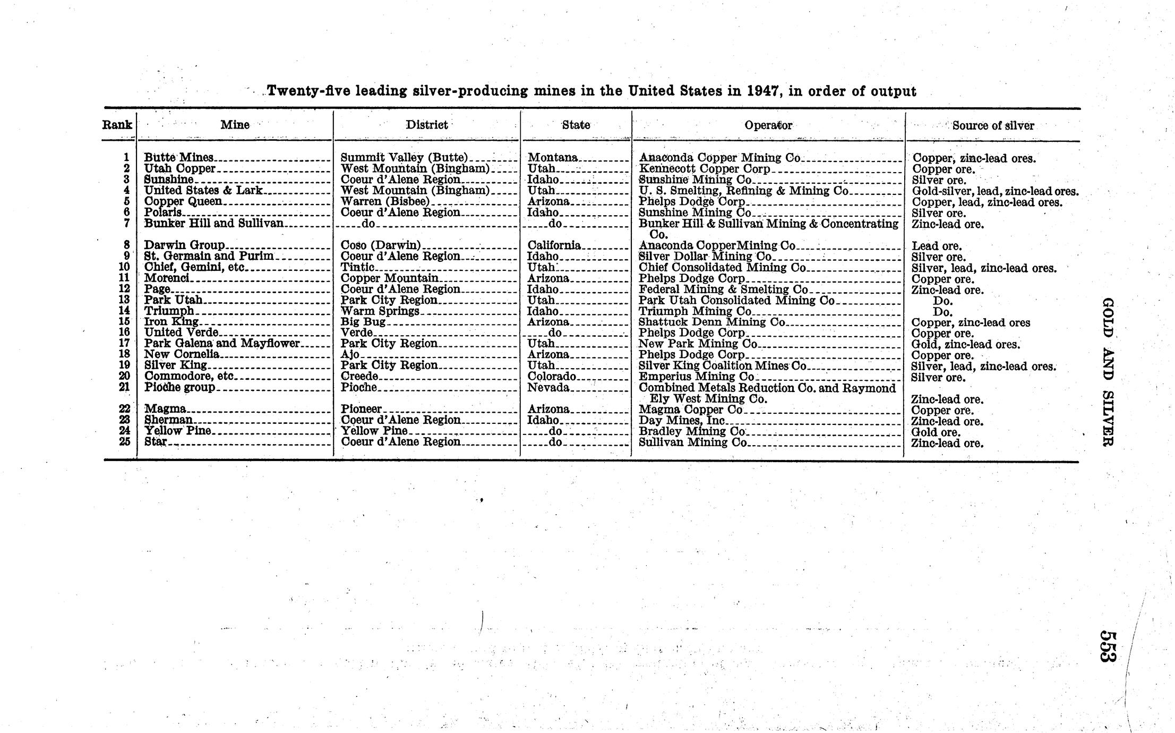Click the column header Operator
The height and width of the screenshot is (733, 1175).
coord(768,125)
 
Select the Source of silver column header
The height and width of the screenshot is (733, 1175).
coord(993,126)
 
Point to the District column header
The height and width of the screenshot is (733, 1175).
coord(426,125)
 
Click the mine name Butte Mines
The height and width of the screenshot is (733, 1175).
coord(179,158)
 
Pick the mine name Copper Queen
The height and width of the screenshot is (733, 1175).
coord(183,201)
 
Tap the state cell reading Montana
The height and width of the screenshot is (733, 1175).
coord(552,158)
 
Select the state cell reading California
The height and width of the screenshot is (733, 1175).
coord(554,245)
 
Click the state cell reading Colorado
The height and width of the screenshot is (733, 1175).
coord(552,377)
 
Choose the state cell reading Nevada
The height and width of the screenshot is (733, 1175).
coord(548,387)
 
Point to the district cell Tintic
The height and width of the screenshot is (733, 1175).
coord(357,267)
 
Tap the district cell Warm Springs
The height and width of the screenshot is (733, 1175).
coord(380,311)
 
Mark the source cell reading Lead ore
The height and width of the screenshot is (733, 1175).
coord(937,246)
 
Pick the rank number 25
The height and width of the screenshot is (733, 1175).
coord(124,441)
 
